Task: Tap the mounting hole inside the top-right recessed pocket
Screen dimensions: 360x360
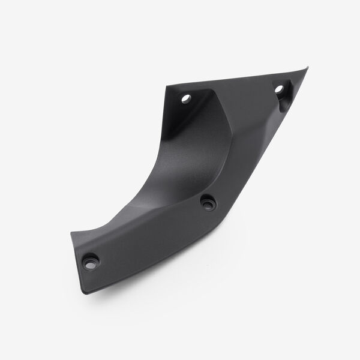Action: pyautogui.click(x=278, y=91)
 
